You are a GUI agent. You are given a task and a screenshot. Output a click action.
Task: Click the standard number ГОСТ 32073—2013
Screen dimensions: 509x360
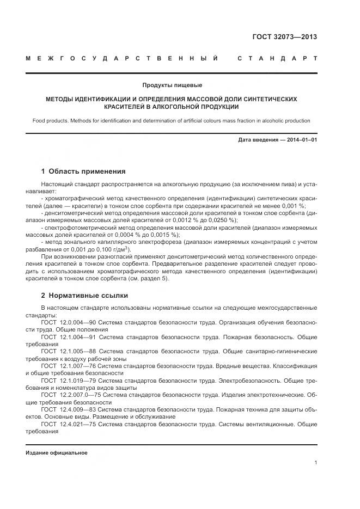pyautogui.click(x=284, y=37)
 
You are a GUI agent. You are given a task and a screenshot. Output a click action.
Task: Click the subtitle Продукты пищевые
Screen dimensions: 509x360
pyautogui.click(x=172, y=85)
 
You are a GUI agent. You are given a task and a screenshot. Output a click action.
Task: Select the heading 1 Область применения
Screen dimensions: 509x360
pyautogui.click(x=83, y=171)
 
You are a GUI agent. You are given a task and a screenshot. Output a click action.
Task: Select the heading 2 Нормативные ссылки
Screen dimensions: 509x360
pyautogui.click(x=84, y=296)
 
